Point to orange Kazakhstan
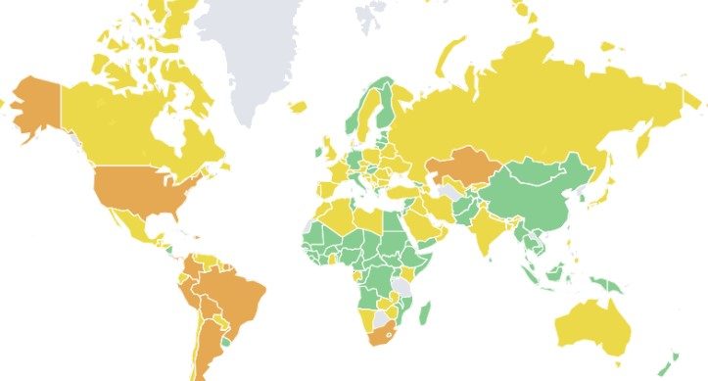465,168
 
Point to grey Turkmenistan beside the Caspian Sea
449,192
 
